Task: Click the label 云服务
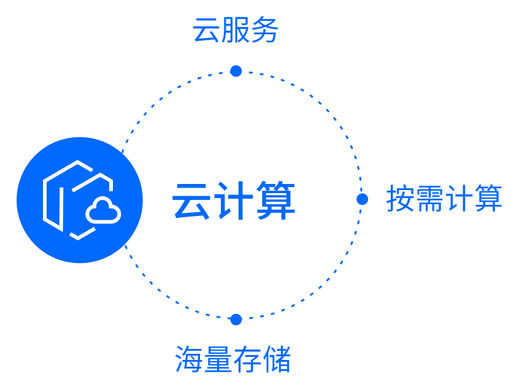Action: click(236, 30)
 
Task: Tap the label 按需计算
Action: click(444, 199)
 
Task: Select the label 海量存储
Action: click(233, 359)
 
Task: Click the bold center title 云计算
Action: click(234, 201)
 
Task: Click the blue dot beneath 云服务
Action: click(236, 71)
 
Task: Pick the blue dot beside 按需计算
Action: click(362, 199)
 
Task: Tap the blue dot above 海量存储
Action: click(236, 319)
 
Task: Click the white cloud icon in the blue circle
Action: click(103, 211)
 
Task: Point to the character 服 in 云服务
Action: click(236, 30)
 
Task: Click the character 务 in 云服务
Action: click(265, 30)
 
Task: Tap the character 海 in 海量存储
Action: click(190, 359)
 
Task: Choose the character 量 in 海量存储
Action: click(218, 359)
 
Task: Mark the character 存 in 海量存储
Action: click(247, 359)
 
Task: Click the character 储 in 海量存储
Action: click(277, 359)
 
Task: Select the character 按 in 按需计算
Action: click(401, 199)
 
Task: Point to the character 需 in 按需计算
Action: click(429, 199)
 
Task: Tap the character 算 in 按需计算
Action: click(488, 199)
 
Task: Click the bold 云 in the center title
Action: click(192, 201)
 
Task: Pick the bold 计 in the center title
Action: click(234, 201)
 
